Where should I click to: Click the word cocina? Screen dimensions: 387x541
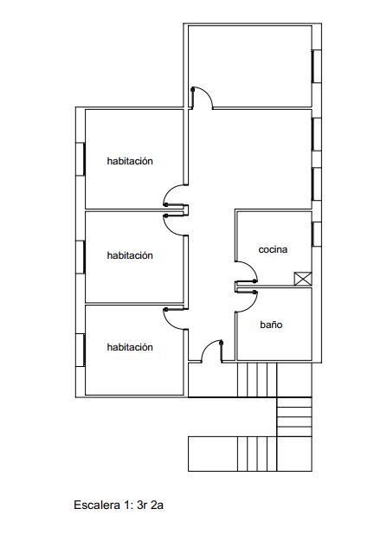tap(273, 249)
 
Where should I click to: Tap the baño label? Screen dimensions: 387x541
tap(271, 325)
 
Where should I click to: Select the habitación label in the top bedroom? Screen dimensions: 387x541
tap(130, 161)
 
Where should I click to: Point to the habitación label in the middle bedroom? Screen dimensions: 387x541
tap(130, 255)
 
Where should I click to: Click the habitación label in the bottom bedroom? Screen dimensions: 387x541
tap(130, 347)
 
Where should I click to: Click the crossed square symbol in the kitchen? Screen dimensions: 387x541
tap(303, 279)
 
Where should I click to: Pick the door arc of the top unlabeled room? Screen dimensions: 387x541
tap(207, 93)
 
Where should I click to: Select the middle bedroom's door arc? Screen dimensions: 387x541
tap(169, 229)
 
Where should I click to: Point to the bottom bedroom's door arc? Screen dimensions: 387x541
tap(169, 324)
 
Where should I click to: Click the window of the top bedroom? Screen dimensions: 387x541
tap(81, 159)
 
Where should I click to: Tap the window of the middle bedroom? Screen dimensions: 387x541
tap(81, 257)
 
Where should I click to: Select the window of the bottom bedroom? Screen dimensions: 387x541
tap(81, 350)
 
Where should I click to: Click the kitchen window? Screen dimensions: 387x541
tap(317, 234)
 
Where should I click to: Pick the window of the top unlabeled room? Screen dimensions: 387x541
tap(317, 67)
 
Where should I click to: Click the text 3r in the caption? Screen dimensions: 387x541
tap(141, 506)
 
